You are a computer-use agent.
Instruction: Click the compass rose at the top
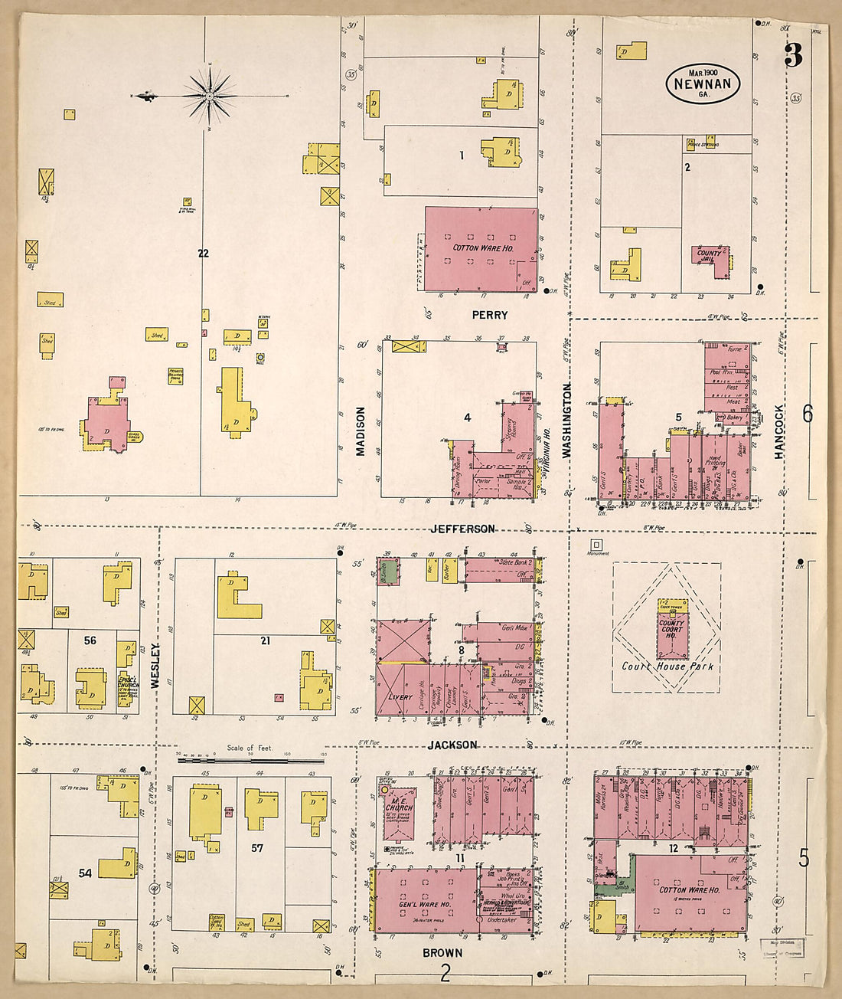209,96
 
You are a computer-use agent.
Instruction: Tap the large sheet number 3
793,56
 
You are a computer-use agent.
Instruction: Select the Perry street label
489,315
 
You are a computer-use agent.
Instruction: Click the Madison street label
361,431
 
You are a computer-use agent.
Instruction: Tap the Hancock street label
779,432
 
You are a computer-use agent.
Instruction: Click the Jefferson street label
462,529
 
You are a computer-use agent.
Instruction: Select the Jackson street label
452,745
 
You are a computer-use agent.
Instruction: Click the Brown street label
442,952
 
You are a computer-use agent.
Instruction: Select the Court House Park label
667,666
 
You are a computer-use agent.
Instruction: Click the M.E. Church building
398,811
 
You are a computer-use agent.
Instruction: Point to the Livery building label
400,697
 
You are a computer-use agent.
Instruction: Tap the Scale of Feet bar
250,760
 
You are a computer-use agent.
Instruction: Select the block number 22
203,253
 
